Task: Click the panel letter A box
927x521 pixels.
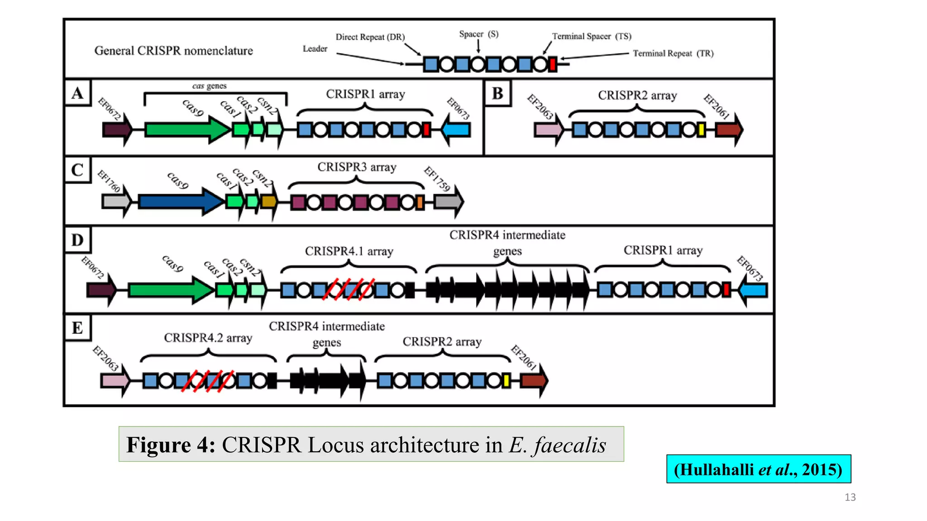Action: [77, 93]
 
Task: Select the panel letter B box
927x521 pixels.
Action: [497, 94]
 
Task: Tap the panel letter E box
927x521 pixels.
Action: [77, 328]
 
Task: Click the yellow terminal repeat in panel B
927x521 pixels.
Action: [701, 130]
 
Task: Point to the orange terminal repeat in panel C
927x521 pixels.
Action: [420, 202]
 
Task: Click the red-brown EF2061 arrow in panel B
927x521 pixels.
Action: [729, 130]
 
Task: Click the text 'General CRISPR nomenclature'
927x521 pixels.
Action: [173, 51]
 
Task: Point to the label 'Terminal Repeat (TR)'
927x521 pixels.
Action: [673, 53]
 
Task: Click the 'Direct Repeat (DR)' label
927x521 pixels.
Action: [370, 37]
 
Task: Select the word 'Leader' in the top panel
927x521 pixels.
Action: [315, 49]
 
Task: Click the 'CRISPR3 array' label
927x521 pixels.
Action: [357, 167]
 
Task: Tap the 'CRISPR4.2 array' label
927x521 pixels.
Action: [208, 338]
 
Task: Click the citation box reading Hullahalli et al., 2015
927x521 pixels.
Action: [758, 469]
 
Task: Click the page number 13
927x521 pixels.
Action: [850, 497]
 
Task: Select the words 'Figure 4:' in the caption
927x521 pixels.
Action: [171, 445]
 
